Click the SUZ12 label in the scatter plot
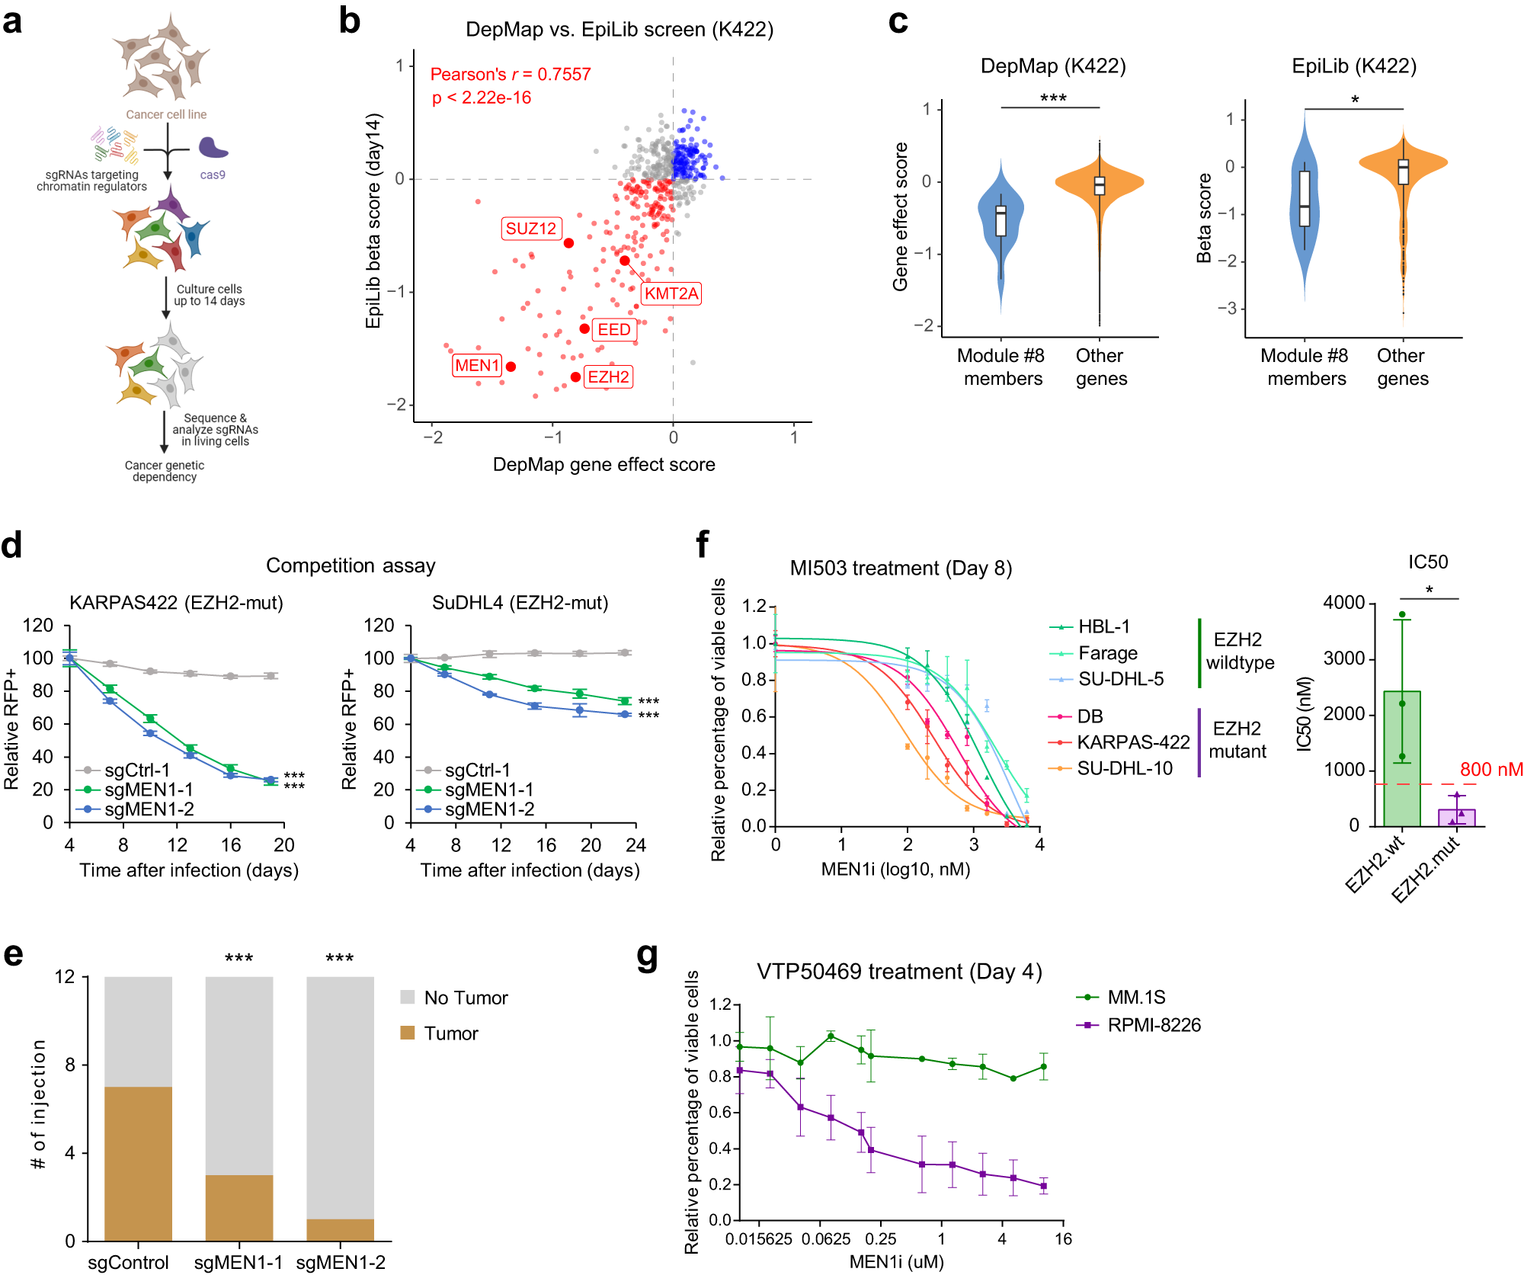coord(531,229)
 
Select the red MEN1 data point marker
coord(511,367)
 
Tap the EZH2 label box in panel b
coord(608,376)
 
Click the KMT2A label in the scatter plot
coord(671,293)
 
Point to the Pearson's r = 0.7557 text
coord(510,74)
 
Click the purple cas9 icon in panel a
coord(213,148)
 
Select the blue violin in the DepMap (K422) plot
coord(1001,229)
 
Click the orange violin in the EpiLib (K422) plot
coord(1403,164)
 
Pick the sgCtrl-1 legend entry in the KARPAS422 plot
coord(126,770)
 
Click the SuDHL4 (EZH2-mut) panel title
coord(520,603)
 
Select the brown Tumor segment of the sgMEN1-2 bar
coord(340,1229)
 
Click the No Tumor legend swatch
coord(408,997)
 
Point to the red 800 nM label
coord(1490,769)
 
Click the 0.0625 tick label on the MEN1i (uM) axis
coord(825,1238)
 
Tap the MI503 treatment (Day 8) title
coord(900,568)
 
